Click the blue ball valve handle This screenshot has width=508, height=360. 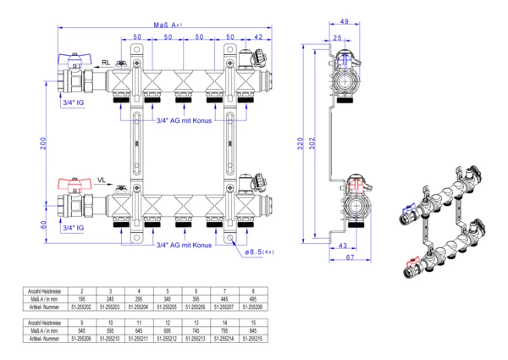[x=70, y=60]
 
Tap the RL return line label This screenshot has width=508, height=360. [x=106, y=64]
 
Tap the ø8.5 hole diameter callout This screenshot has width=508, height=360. [x=257, y=252]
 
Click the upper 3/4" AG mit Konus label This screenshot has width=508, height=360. [x=184, y=120]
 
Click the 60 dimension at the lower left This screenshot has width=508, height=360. [x=44, y=224]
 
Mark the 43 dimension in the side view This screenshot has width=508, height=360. [x=344, y=246]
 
